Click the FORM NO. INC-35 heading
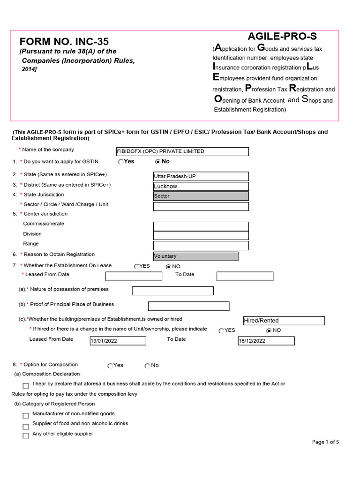tap(64, 41)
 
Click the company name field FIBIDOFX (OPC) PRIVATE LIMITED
tap(182, 151)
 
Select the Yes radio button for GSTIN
tap(121, 162)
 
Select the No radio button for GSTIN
tap(157, 162)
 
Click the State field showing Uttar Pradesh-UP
tap(201, 176)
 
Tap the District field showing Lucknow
tap(201, 186)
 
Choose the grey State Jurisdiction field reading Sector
tap(201, 196)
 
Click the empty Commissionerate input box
tap(201, 226)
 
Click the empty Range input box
tap(201, 245)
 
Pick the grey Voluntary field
tap(195, 256)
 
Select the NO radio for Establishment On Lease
tap(168, 267)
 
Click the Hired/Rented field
tap(284, 321)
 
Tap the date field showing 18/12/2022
tap(266, 341)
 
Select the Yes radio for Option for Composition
tap(110, 366)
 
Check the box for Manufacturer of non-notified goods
tap(26, 416)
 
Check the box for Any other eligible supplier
tap(26, 436)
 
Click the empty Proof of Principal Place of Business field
tap(188, 306)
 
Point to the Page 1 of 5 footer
tap(325, 442)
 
